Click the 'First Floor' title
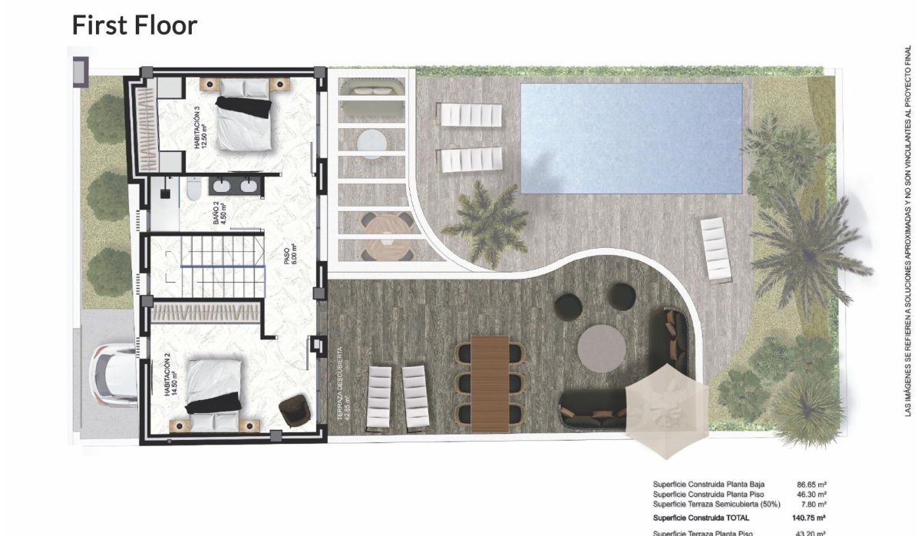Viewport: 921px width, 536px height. click(x=134, y=25)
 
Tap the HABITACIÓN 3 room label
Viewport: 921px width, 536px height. click(x=201, y=129)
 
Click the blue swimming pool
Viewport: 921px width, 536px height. click(x=631, y=138)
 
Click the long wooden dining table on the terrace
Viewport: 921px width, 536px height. click(x=490, y=382)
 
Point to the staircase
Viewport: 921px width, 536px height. click(x=222, y=265)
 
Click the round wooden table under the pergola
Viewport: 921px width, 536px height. click(x=388, y=236)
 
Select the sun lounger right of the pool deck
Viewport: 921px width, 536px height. click(x=716, y=249)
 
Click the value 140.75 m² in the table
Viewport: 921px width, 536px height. click(x=810, y=518)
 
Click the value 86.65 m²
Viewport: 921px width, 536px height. click(x=811, y=485)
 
